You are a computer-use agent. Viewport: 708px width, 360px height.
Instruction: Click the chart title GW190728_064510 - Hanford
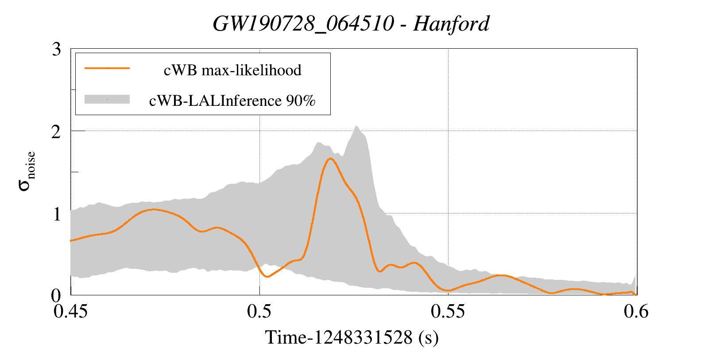click(351, 23)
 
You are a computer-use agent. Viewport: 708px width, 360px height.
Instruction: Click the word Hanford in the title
click(451, 23)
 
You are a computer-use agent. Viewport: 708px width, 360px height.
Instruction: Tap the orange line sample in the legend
click(107, 68)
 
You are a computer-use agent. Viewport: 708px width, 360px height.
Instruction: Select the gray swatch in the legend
click(107, 100)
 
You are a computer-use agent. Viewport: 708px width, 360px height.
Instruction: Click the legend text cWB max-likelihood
click(232, 70)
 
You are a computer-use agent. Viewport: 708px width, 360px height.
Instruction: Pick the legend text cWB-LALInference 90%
click(232, 101)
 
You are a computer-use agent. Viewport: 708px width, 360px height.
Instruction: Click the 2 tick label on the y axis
click(57, 132)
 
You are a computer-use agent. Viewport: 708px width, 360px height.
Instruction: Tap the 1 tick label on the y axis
click(57, 214)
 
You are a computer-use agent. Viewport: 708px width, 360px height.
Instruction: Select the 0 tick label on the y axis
click(57, 295)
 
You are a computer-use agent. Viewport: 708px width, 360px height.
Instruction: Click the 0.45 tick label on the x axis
click(70, 312)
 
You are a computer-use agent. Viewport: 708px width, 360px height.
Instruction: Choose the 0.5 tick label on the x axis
click(259, 312)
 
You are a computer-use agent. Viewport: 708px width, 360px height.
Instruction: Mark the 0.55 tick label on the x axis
click(448, 312)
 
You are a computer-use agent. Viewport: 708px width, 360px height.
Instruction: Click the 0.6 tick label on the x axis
click(636, 312)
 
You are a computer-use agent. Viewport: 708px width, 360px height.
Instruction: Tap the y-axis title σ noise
click(27, 171)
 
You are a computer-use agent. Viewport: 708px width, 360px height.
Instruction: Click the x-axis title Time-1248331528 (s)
click(352, 337)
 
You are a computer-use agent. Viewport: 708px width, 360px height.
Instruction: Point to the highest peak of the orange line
click(330, 159)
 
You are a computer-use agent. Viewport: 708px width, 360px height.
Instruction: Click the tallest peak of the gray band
click(356, 127)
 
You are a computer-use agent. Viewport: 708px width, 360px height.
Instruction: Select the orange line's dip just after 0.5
click(267, 276)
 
